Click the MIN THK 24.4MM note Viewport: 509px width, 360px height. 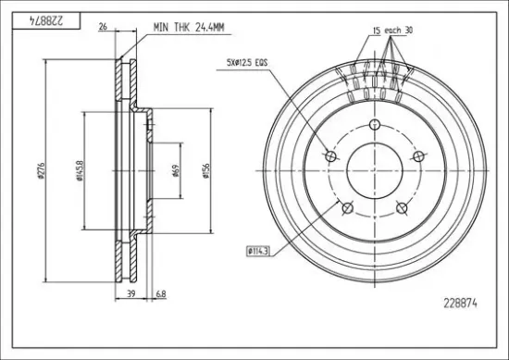[189, 27]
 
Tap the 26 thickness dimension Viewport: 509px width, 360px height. [103, 27]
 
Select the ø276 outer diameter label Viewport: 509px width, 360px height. [41, 170]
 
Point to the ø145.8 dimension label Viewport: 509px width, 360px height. [80, 170]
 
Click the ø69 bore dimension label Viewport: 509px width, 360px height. [176, 170]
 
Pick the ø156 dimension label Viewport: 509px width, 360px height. [206, 171]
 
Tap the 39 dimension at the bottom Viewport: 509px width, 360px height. [130, 294]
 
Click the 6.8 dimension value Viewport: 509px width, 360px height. [161, 294]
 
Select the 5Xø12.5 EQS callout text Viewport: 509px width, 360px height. [247, 62]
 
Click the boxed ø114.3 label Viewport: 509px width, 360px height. [258, 251]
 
